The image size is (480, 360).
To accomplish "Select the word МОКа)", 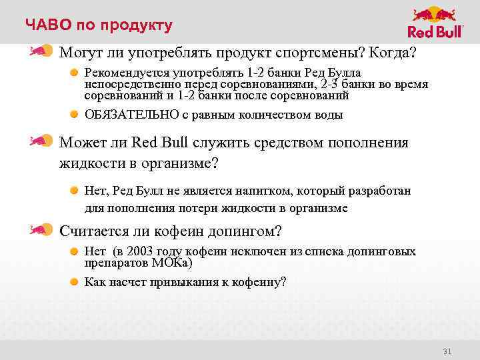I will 172,263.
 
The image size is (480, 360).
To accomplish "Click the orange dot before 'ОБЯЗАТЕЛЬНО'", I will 76,115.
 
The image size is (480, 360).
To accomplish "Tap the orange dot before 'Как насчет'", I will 76,281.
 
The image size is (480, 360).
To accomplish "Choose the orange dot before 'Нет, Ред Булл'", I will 76,191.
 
